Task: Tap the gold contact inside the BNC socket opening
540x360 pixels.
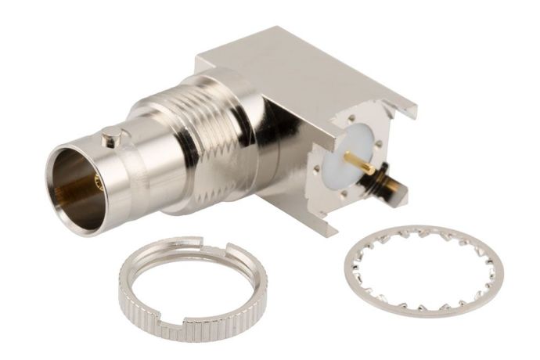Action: pyautogui.click(x=97, y=184)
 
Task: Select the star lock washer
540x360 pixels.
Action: pyautogui.click(x=423, y=271)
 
